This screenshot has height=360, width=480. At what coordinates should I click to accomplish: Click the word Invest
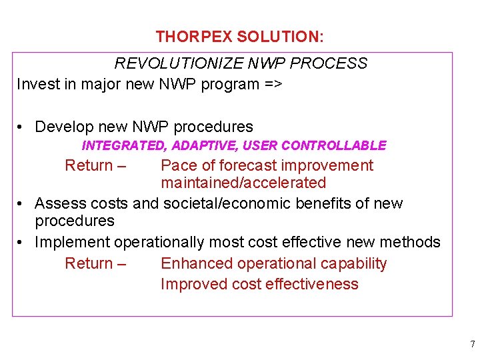coord(37,84)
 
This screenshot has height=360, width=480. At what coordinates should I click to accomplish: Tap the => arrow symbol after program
coord(273,84)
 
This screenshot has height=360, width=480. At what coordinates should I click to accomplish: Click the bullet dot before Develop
coord(22,127)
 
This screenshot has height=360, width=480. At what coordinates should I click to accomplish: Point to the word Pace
coord(178,165)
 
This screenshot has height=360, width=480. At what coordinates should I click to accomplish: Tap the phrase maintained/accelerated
coord(243,183)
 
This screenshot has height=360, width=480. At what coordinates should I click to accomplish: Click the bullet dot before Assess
coord(22,203)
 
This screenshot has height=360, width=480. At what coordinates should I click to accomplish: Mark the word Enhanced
coord(193,263)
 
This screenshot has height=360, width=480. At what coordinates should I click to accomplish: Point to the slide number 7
coord(472,345)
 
